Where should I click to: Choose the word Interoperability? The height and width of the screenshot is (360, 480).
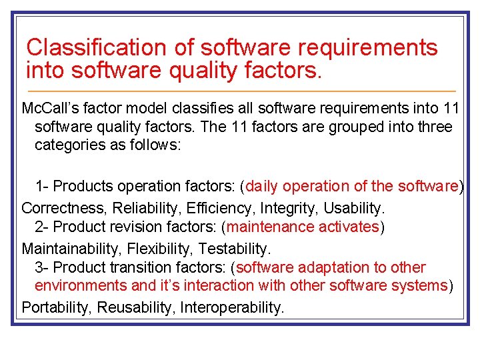[x=232, y=307]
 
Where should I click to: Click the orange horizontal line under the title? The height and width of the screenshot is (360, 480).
[x=240, y=91]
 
